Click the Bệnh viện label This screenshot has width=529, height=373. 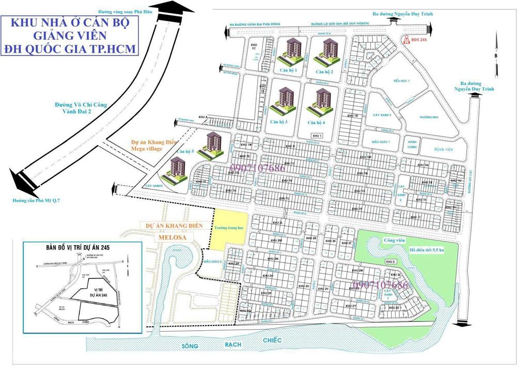pyautogui.click(x=442, y=149)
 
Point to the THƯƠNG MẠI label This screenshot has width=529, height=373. pyautogui.click(x=429, y=117)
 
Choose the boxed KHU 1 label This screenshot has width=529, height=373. pyautogui.click(x=317, y=135)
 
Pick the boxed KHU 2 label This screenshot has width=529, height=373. pyautogui.click(x=391, y=262)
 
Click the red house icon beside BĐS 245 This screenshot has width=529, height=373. pyautogui.click(x=407, y=39)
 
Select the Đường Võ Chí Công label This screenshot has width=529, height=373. pyautogui.click(x=81, y=105)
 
